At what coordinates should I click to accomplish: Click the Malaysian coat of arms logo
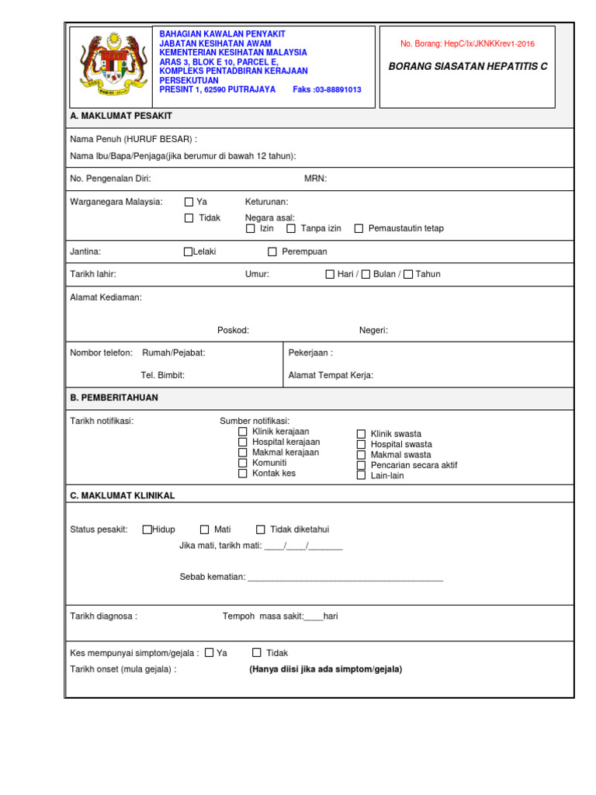pos(108,67)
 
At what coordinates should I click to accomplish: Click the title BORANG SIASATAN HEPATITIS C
pos(468,67)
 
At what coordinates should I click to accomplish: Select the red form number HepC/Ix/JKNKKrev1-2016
pos(467,44)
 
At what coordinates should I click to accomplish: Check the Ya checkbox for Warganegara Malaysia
pos(189,202)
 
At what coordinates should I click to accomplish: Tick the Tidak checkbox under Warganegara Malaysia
pos(189,218)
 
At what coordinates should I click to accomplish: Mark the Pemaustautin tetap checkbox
pos(359,228)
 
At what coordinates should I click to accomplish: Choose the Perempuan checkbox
pos(272,252)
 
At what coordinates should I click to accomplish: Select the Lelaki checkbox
pos(188,252)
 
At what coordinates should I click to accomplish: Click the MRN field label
pos(315,179)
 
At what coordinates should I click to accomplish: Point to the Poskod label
pos(233,330)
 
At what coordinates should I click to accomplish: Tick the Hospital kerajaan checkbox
pos(243,442)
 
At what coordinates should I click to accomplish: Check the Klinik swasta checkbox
pos(361,434)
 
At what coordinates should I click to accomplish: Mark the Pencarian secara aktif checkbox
pos(361,465)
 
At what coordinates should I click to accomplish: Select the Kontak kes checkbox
pos(243,473)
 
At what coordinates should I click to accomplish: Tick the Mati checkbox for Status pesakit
pos(205,529)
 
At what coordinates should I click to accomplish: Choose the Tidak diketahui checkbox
pos(261,529)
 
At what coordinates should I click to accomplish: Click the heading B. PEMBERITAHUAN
pos(114,397)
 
